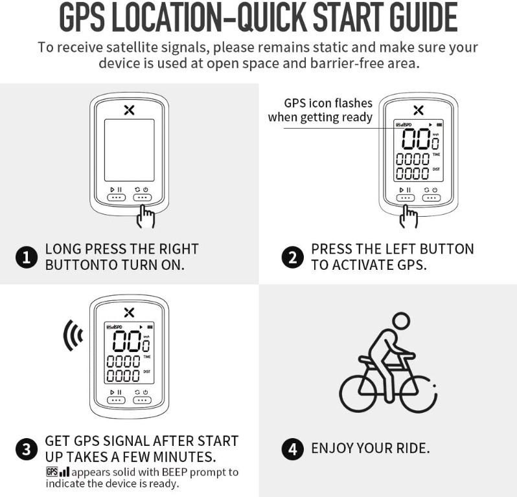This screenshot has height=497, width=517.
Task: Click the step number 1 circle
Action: (x=27, y=258)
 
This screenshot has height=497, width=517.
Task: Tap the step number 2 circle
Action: (x=292, y=258)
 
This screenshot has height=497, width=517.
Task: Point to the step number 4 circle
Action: (x=293, y=449)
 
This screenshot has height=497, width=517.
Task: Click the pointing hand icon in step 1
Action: (x=146, y=216)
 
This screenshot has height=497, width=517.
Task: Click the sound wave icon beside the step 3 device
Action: (x=73, y=335)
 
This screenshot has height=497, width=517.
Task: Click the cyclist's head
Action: (x=401, y=321)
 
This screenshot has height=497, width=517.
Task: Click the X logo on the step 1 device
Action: (x=129, y=110)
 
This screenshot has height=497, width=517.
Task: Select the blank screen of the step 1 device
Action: (x=130, y=150)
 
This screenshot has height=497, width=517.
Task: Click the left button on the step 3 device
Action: (x=116, y=400)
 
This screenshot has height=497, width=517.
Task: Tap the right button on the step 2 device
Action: (x=431, y=197)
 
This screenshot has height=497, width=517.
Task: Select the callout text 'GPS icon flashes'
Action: (x=328, y=103)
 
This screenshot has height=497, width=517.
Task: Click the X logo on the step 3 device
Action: (x=129, y=313)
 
